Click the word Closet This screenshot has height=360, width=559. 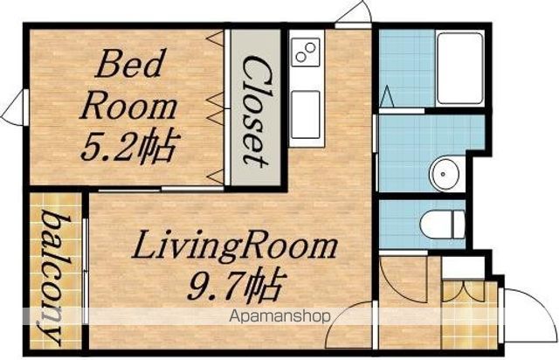point(256,111)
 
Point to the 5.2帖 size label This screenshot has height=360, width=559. point(130,147)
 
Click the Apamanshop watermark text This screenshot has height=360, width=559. point(279,316)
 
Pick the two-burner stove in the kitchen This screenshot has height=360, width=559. point(306,52)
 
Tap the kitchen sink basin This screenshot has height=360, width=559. point(306,114)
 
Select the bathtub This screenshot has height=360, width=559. point(460,68)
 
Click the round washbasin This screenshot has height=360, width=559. point(443,175)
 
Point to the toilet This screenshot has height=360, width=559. point(443,225)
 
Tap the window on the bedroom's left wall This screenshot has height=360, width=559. point(25,107)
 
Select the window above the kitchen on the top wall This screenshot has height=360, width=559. point(353,25)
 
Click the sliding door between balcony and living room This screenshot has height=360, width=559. point(86,271)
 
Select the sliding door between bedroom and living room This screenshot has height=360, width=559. point(161,189)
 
